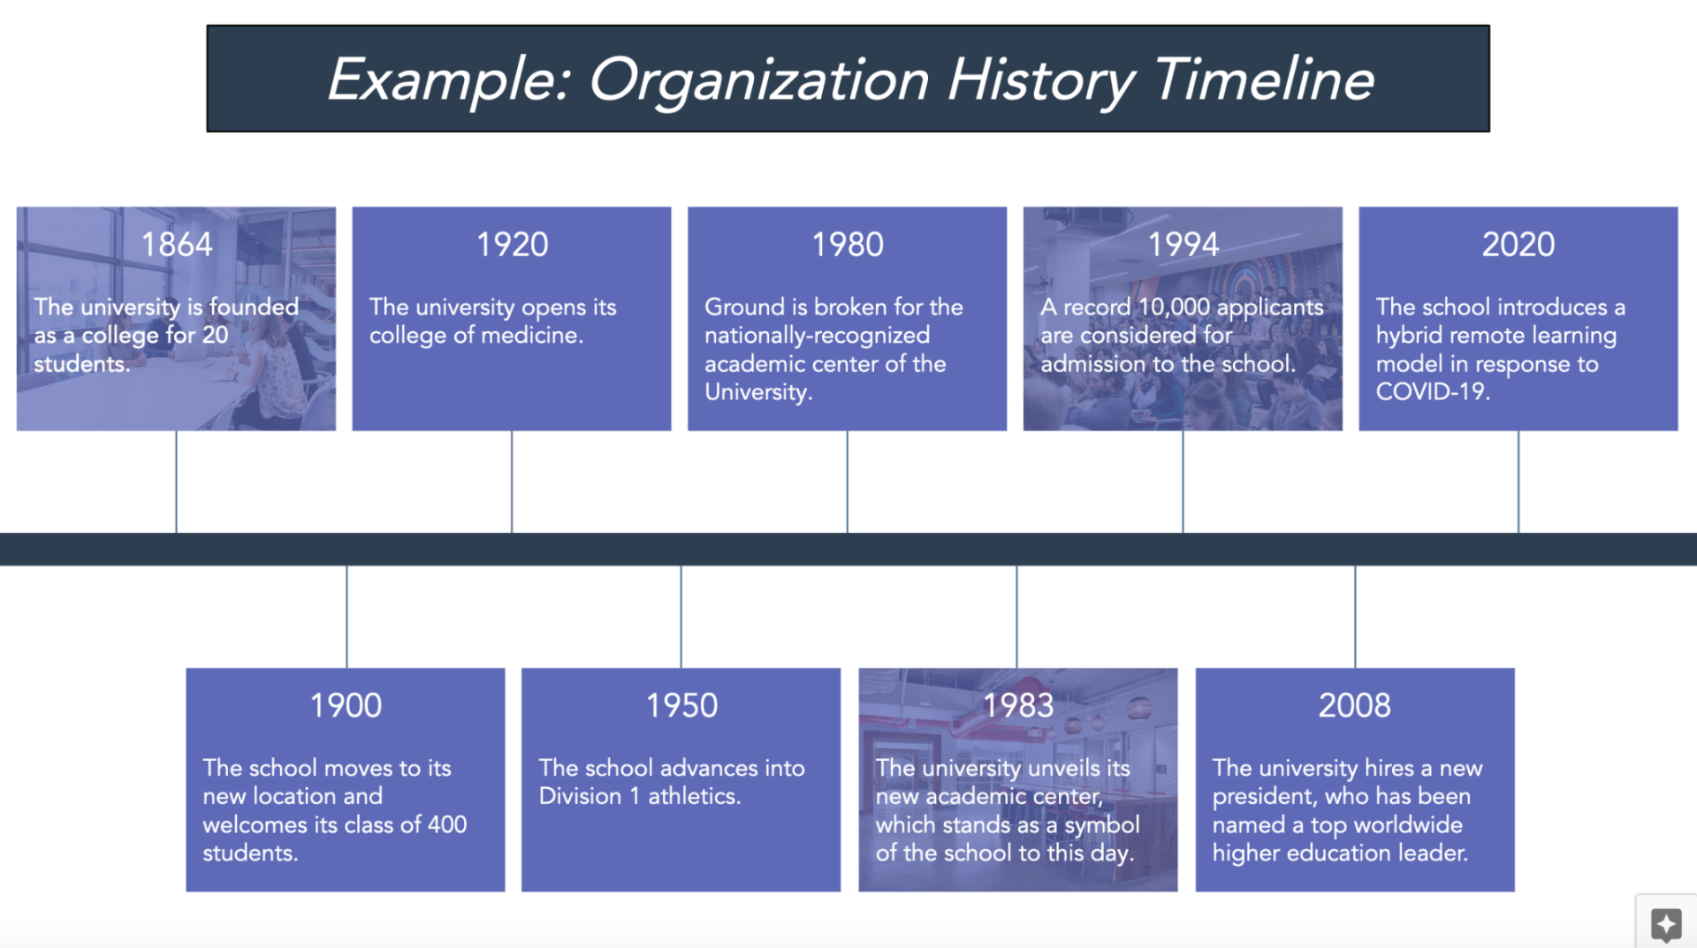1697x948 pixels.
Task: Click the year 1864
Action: pos(177,245)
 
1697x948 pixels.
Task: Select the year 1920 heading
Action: pos(513,245)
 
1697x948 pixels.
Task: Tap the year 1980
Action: pos(848,245)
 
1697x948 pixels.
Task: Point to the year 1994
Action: pos(1183,245)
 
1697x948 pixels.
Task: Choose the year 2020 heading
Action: pos(1518,245)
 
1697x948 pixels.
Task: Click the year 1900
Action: pos(346,706)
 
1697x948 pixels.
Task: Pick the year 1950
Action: pos(681,706)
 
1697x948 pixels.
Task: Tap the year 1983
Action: pos(1018,706)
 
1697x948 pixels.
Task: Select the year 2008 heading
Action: pos(1355,706)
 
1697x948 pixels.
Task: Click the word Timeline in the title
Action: pos(1264,80)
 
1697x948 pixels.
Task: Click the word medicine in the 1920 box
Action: pos(533,336)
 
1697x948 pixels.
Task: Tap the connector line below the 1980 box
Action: pos(847,482)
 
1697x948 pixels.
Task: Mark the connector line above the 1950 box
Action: pos(681,617)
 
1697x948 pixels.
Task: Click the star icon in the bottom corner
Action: pos(1666,924)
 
